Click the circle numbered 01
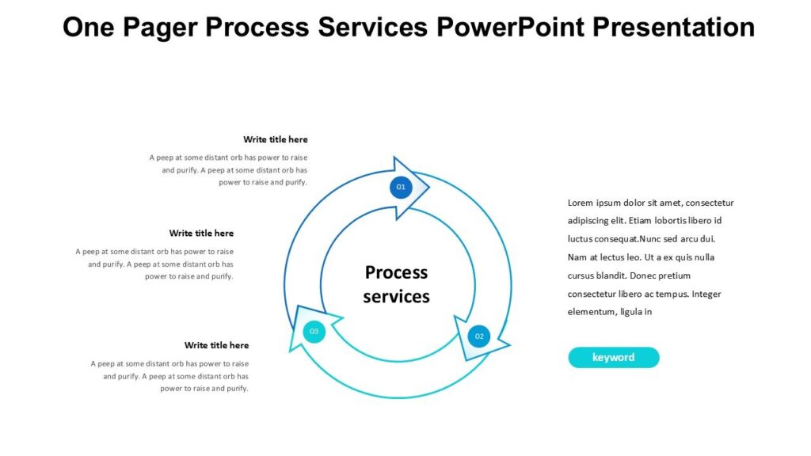click(401, 187)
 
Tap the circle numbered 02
click(478, 336)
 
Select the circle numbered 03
click(314, 331)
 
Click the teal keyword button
click(613, 357)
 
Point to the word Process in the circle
click(396, 272)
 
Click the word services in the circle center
click(396, 297)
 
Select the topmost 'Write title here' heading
click(276, 139)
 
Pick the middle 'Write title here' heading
click(201, 233)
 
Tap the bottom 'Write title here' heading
click(216, 345)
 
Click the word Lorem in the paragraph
click(581, 203)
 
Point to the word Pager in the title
click(165, 28)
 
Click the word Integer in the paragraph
click(706, 294)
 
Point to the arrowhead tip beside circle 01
click(428, 188)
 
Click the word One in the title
click(88, 28)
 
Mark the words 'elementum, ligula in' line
click(609, 312)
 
